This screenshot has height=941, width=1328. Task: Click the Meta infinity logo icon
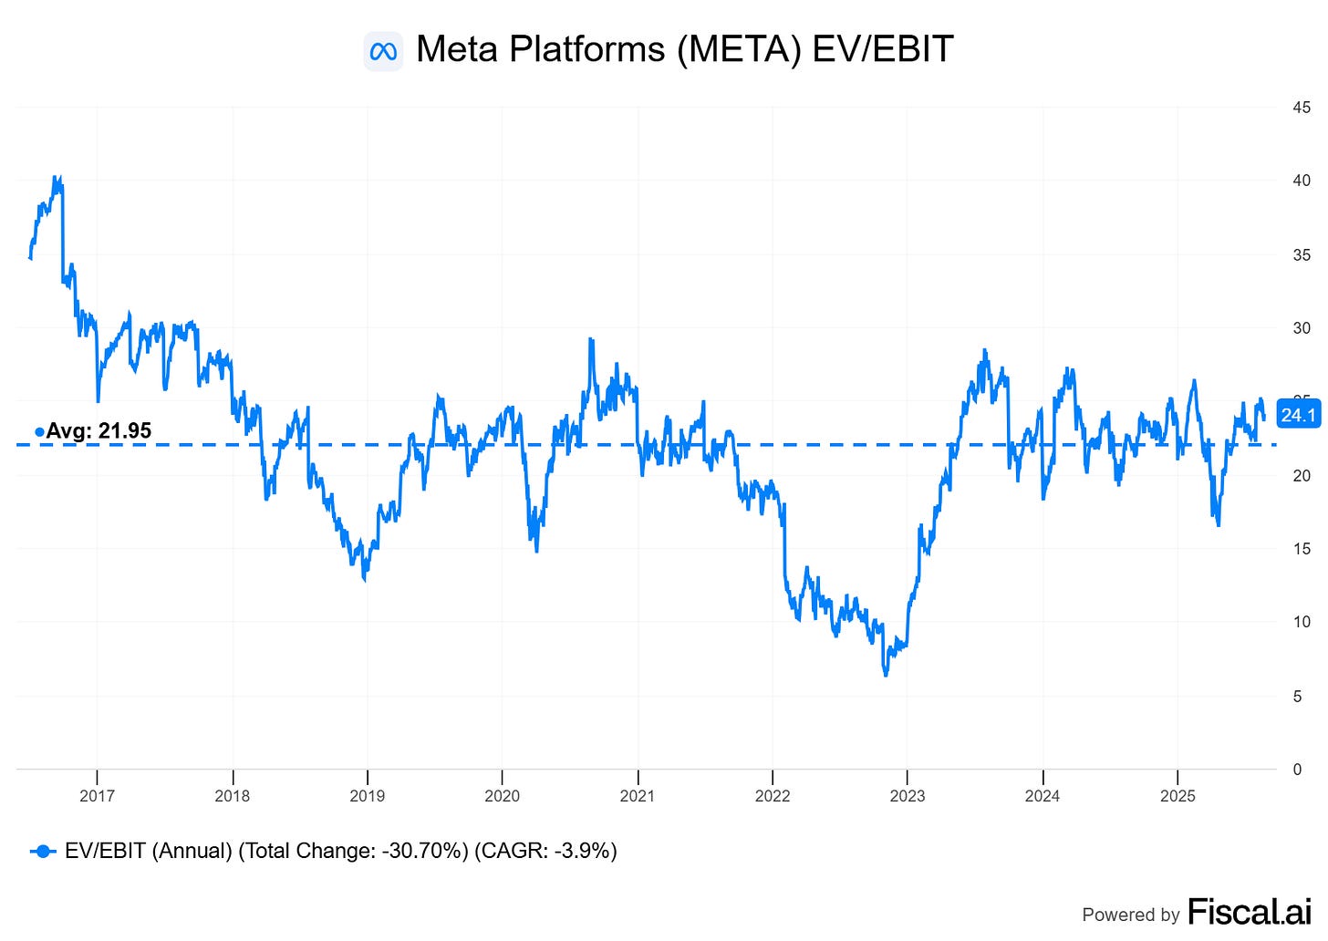click(x=383, y=51)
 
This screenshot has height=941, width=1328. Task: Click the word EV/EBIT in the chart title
click(x=882, y=49)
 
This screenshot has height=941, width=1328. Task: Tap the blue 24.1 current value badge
click(x=1298, y=416)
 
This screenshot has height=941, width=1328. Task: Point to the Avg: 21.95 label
click(x=99, y=430)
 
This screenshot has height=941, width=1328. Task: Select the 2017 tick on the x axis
click(x=97, y=796)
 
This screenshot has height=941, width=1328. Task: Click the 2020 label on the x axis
click(x=502, y=796)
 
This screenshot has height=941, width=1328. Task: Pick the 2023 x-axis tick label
click(x=907, y=796)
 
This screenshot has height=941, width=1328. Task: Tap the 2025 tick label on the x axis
click(x=1178, y=796)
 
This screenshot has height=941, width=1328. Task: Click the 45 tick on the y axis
click(x=1302, y=108)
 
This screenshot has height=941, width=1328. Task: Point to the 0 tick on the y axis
click(x=1297, y=770)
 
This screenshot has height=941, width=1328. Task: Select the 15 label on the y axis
click(x=1302, y=549)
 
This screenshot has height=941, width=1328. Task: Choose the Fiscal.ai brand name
click(x=1249, y=912)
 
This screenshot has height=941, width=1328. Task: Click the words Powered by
click(x=1131, y=915)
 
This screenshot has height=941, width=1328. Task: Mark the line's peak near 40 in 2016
click(x=56, y=178)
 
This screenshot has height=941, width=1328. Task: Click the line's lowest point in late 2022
click(x=886, y=674)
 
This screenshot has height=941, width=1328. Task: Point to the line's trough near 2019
click(x=366, y=579)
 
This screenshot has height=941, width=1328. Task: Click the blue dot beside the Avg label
click(x=39, y=432)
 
